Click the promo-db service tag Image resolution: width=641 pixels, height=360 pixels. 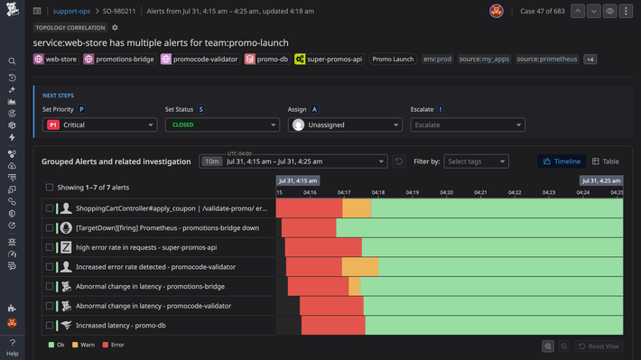266,59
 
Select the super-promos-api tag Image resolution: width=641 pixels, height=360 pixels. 329,59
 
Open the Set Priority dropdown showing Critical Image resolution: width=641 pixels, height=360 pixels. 98,125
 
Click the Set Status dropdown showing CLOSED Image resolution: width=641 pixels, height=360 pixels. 221,125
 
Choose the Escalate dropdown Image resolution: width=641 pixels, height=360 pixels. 467,125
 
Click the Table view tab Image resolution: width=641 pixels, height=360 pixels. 605,161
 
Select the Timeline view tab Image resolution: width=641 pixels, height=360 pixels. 561,161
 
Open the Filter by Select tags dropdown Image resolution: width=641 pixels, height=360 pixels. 476,161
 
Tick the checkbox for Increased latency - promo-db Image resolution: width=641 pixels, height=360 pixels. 50,326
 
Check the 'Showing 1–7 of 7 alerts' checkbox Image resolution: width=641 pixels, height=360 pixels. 50,188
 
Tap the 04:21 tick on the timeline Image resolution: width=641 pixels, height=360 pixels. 480,191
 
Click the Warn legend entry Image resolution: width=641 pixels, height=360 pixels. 88,345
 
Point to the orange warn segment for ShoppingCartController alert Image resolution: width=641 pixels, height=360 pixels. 357,208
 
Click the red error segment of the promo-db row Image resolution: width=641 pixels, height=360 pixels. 332,326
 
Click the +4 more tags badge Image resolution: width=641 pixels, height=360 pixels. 590,59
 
